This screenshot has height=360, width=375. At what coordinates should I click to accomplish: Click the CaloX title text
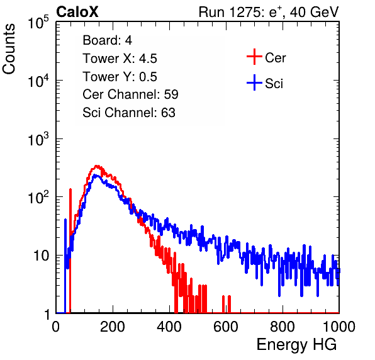click(77, 12)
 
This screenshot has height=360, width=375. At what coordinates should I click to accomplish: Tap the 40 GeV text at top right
click(314, 12)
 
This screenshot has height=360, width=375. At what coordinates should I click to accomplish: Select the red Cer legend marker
click(254, 57)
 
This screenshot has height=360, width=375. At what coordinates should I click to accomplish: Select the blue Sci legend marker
click(254, 83)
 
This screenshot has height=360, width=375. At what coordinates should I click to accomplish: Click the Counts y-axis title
click(9, 49)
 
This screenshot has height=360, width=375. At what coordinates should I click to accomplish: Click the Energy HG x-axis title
click(296, 345)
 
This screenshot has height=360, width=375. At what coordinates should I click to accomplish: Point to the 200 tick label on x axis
click(113, 327)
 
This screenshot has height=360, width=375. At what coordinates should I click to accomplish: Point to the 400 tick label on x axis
click(169, 327)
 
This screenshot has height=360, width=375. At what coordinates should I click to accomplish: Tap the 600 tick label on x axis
click(226, 327)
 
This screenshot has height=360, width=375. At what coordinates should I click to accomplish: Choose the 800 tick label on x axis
click(283, 327)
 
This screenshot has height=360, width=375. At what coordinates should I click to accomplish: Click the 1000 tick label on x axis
click(339, 327)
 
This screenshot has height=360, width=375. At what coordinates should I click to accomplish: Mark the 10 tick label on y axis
click(41, 256)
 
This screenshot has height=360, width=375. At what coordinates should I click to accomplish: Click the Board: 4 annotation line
click(107, 40)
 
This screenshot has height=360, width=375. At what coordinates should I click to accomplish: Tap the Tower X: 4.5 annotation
click(120, 59)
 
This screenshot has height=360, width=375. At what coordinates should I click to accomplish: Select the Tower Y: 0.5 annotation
click(120, 77)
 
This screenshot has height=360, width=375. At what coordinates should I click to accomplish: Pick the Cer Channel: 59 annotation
click(130, 94)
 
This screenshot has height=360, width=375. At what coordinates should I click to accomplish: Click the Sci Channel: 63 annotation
click(129, 113)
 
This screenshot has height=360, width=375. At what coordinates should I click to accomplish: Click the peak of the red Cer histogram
click(97, 166)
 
